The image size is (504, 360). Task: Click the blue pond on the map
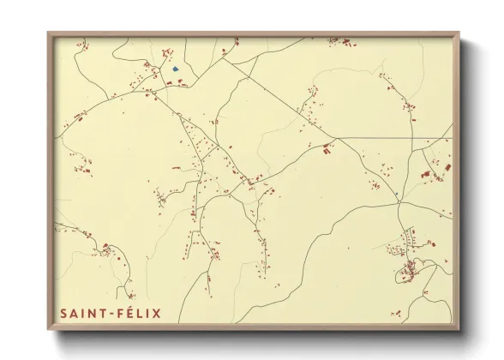(175, 69)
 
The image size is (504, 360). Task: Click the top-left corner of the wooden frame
(48, 33)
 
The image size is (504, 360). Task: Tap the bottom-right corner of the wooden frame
(459, 329)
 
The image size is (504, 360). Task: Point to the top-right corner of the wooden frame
(459, 33)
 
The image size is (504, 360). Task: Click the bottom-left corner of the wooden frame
(48, 329)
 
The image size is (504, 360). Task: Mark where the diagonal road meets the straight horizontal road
(338, 138)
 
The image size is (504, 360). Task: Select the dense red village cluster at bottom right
(410, 270)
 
